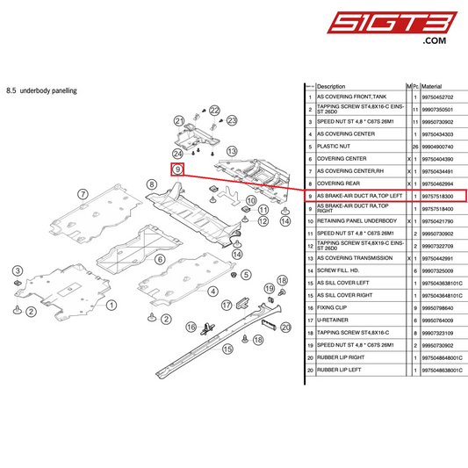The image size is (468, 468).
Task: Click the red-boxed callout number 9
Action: [177, 168]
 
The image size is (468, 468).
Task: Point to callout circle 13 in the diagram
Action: [232, 151]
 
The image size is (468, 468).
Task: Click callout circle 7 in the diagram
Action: [82, 194]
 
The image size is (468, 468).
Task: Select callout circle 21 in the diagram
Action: [178, 120]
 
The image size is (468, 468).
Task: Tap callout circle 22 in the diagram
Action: [213, 110]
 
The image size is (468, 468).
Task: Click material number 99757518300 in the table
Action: [436, 197]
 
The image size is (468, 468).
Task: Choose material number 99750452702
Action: [436, 97]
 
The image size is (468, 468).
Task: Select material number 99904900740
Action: [436, 145]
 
